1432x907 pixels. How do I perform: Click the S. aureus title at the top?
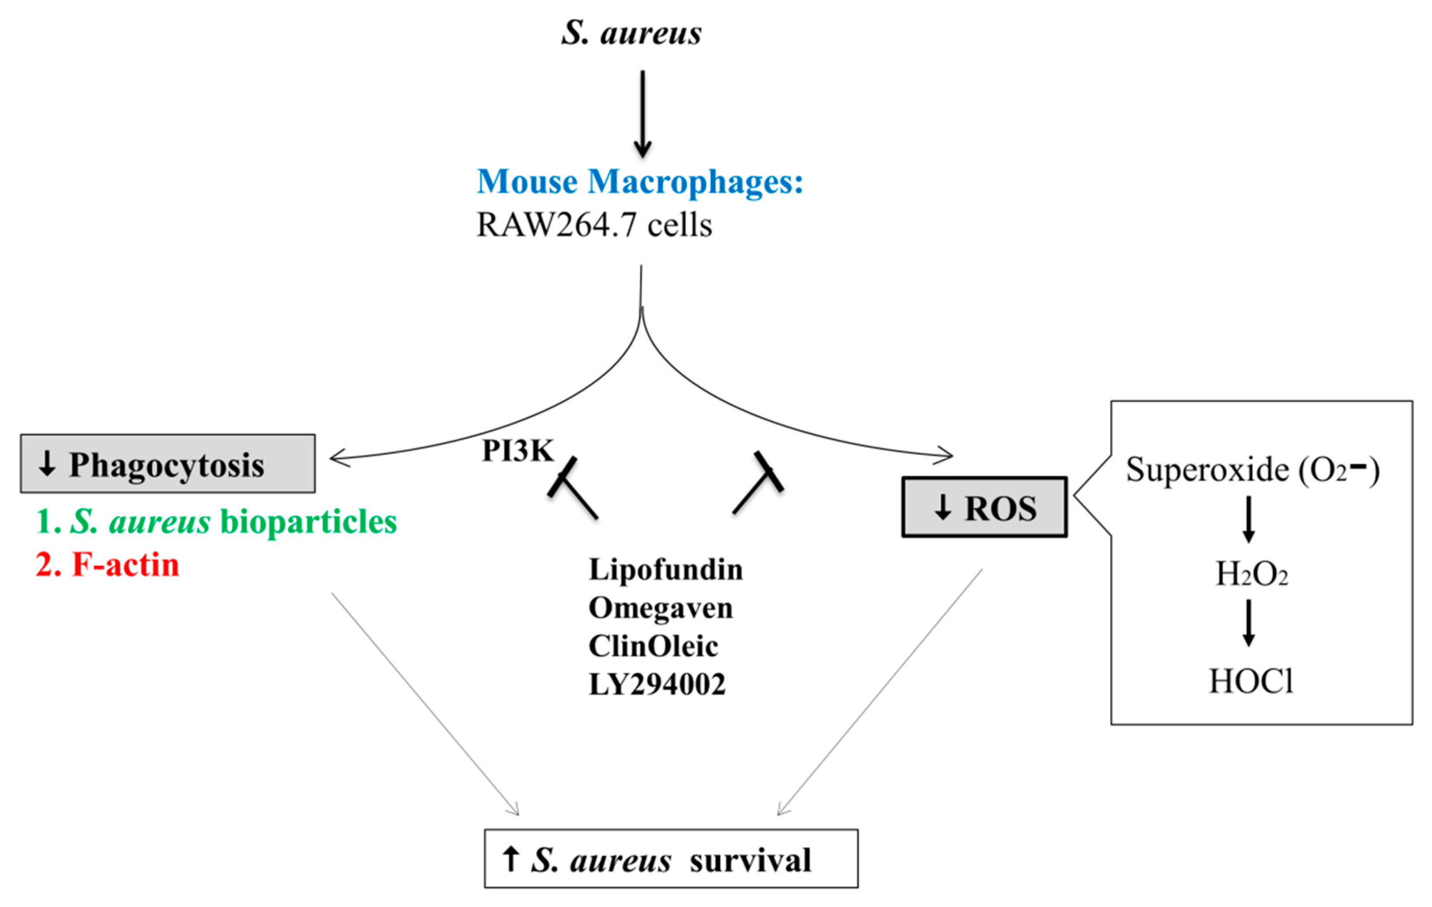pyautogui.click(x=631, y=33)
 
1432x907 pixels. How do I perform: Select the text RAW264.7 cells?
pyautogui.click(x=594, y=225)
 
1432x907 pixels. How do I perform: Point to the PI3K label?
pyautogui.click(x=518, y=450)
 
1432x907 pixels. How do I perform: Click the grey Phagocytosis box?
pyautogui.click(x=168, y=464)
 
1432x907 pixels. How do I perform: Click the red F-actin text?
pyautogui.click(x=108, y=564)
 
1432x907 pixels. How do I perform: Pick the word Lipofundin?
pyautogui.click(x=665, y=569)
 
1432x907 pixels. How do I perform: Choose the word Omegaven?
pyautogui.click(x=660, y=608)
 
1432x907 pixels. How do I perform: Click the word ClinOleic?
pyautogui.click(x=653, y=646)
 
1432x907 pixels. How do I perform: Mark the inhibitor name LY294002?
pyautogui.click(x=657, y=684)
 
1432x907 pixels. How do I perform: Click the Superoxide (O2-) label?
pyautogui.click(x=1252, y=470)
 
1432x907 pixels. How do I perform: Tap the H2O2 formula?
pyautogui.click(x=1251, y=574)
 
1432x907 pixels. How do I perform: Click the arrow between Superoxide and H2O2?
pyautogui.click(x=1249, y=519)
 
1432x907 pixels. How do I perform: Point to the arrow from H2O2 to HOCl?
pyautogui.click(x=1249, y=623)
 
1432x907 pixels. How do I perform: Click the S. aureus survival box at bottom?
pyautogui.click(x=671, y=859)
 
